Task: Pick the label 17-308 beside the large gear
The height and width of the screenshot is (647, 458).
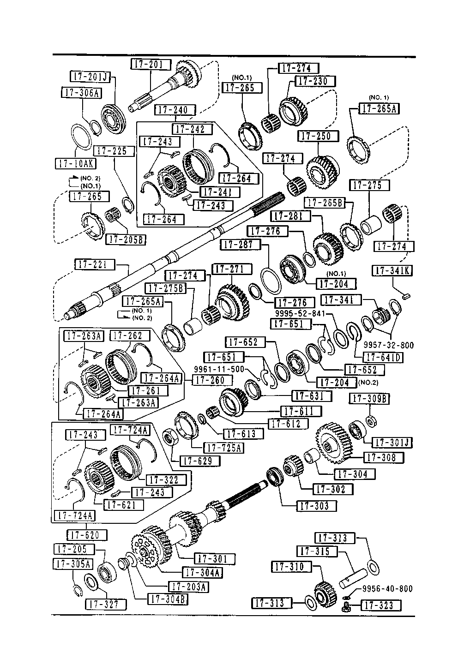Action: coord(383,457)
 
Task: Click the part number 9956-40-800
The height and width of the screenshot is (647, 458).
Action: coord(387,589)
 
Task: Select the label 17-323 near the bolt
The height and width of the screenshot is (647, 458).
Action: coord(380,605)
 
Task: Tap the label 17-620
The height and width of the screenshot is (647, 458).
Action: coord(87,535)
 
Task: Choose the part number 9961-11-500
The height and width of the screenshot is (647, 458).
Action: coord(218,369)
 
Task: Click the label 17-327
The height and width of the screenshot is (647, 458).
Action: coord(105,605)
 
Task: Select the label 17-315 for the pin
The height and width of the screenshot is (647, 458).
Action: coord(318,551)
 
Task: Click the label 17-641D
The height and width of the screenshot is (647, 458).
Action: coord(383,357)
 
